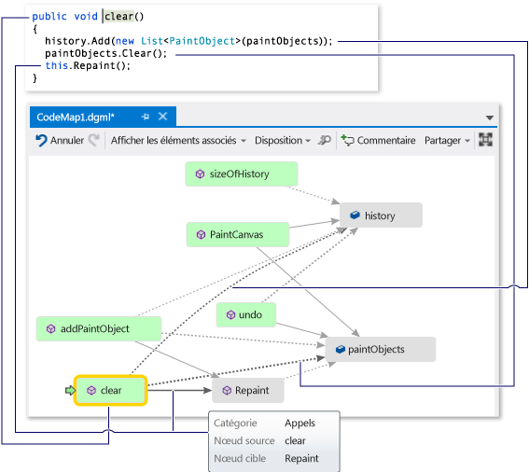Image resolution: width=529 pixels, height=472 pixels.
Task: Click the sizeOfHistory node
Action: (242, 174)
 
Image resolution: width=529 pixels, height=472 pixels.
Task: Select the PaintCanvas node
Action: (238, 235)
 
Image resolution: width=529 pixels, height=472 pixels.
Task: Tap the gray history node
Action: (380, 215)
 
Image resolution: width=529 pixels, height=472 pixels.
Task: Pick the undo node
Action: (246, 315)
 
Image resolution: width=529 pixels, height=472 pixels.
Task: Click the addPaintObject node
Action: (98, 328)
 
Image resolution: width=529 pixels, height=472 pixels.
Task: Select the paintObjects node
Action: (380, 349)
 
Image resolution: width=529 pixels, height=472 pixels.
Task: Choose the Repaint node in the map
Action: (247, 391)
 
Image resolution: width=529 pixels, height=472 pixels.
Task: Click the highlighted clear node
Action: (112, 391)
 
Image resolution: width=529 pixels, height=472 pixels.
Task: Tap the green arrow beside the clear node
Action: (70, 391)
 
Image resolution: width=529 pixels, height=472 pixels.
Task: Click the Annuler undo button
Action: (60, 140)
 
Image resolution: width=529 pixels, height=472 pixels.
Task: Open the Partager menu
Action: (446, 140)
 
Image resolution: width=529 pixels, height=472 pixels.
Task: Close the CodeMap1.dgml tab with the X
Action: (162, 117)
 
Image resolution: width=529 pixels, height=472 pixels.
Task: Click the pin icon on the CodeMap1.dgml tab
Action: (145, 117)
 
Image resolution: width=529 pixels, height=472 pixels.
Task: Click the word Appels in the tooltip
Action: (299, 423)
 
